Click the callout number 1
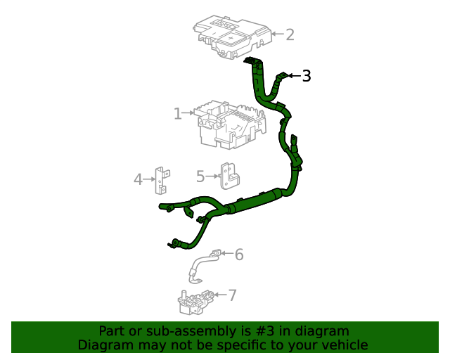click(x=179, y=112)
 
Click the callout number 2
click(x=290, y=34)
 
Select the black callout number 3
click(x=307, y=76)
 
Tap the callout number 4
click(x=138, y=179)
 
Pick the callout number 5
click(x=200, y=176)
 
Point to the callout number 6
click(x=239, y=254)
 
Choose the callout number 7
click(x=232, y=295)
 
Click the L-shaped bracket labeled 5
click(x=229, y=176)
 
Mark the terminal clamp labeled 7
click(x=194, y=301)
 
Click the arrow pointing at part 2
click(x=277, y=34)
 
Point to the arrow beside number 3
click(x=295, y=75)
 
